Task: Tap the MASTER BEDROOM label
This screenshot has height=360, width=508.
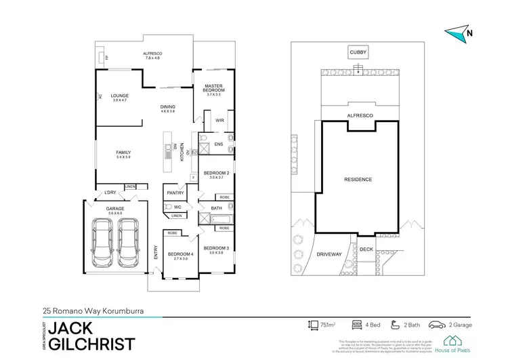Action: pos(214,88)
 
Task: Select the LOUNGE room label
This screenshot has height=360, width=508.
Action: pos(120,96)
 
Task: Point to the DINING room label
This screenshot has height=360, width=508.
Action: pos(167,107)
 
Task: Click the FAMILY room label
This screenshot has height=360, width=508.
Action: pos(123,153)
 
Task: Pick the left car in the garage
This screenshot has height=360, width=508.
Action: pos(104,242)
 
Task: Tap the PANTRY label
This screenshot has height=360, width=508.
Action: pos(175,193)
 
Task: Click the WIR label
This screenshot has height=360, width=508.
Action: pos(219,121)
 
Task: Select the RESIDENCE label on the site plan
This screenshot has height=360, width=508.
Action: pos(357,180)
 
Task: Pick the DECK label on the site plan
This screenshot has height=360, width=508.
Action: pos(366,249)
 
